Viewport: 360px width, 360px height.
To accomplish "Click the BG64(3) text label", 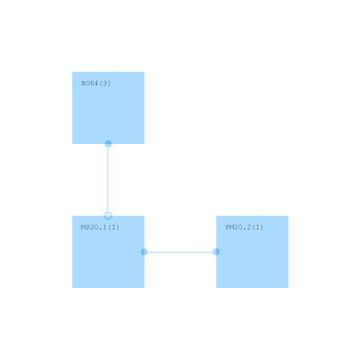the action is coord(96,83).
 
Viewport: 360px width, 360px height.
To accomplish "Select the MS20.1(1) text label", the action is coord(100,227).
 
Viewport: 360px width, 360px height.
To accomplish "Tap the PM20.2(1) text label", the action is coord(244,227).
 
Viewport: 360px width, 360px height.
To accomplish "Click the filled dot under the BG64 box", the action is coord(108,144).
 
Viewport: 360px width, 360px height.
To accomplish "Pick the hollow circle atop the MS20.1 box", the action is coord(108,216).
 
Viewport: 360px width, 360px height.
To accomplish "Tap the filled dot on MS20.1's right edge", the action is coord(144,252).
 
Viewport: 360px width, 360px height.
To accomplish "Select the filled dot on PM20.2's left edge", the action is coord(216,252).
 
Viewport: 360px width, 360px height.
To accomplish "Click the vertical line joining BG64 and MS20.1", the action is coord(108,180).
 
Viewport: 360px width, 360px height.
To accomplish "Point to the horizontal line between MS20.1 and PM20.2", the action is coord(180,252).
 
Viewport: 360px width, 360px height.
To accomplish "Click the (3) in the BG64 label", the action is coord(105,83).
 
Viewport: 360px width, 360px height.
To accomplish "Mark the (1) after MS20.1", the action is coord(113,227).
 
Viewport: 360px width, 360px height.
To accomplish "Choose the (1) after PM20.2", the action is coord(257,227).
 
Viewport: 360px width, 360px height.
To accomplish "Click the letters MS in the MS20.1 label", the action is coord(85,227).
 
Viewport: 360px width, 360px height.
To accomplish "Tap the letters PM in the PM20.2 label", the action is coord(229,227).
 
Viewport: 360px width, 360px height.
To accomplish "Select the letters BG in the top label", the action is coord(85,83).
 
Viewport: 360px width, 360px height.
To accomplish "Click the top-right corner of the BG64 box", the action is coord(144,72).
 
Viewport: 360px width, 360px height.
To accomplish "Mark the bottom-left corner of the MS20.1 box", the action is coord(72,288).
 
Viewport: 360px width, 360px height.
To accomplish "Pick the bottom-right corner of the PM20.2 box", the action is coord(288,288).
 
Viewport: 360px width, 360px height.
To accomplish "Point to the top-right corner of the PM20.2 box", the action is coord(288,216).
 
